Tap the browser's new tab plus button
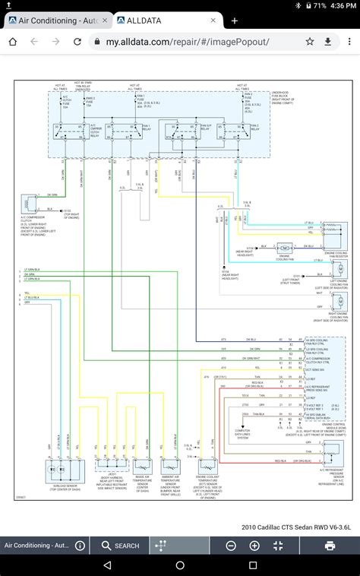pyautogui.click(x=234, y=21)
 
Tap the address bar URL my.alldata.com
pyautogui.click(x=187, y=43)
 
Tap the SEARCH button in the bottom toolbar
pyautogui.click(x=118, y=546)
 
